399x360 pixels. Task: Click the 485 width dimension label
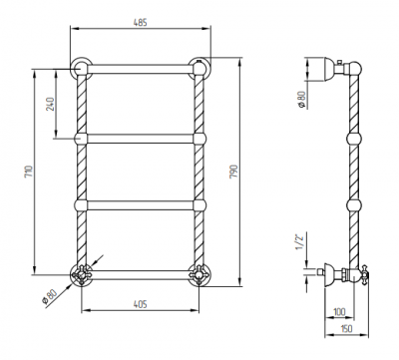tap(140, 23)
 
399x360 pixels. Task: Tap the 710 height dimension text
tap(29, 171)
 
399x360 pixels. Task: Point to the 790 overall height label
tap(234, 172)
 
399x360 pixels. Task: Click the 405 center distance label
tap(140, 304)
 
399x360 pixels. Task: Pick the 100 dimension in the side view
tap(339, 312)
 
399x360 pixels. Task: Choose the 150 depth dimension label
tap(346, 329)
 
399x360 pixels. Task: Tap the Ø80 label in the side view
tap(301, 100)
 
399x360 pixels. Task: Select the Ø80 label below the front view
tap(50, 297)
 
